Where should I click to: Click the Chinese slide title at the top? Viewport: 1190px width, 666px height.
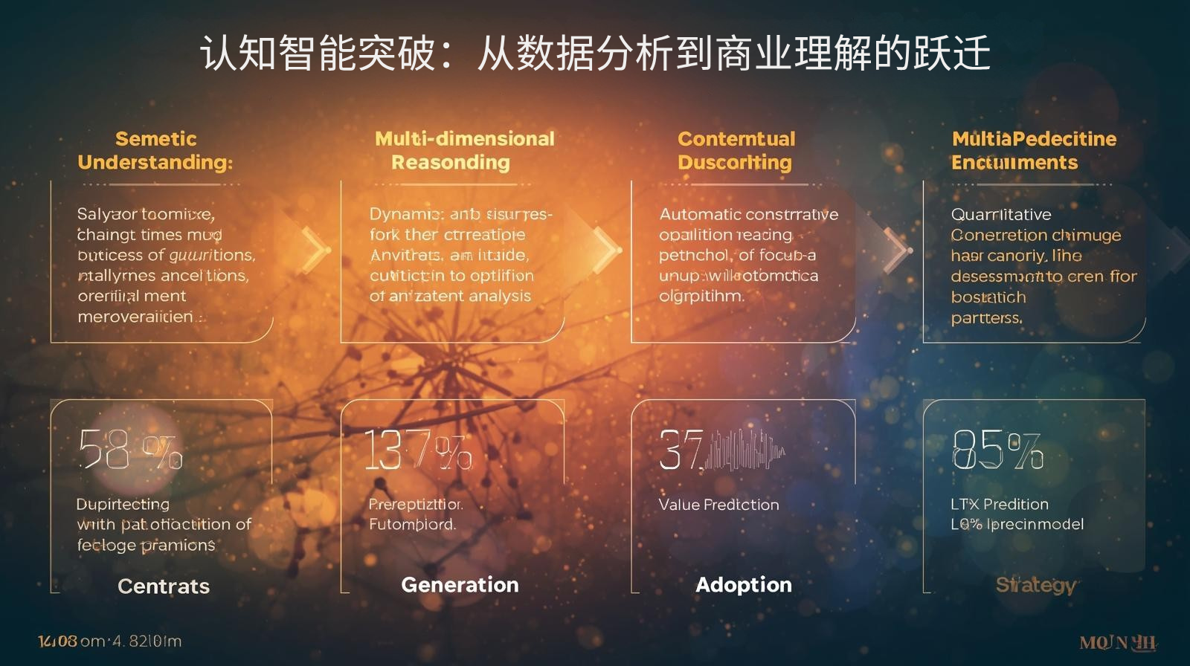point(595,54)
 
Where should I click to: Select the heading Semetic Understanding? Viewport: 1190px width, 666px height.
point(155,150)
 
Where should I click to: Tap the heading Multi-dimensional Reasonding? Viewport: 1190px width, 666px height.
point(464,150)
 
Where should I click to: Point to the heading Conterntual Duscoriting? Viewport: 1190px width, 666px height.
point(736,150)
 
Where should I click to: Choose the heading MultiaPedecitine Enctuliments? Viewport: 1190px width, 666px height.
point(1033,150)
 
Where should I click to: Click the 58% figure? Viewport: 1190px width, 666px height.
point(130,450)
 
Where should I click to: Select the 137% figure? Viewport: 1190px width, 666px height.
point(417,450)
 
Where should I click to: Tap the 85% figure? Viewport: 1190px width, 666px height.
point(997,450)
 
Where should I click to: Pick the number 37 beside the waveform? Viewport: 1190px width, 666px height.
point(681,450)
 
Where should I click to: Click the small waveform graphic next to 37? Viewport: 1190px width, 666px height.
point(744,449)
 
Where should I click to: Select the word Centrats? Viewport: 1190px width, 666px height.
point(164,586)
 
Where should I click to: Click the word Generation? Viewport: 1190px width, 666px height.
point(460,585)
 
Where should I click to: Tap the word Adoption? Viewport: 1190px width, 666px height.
point(744,585)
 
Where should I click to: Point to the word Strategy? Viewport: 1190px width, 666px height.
point(1036,585)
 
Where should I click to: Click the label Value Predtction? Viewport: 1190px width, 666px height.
point(718,505)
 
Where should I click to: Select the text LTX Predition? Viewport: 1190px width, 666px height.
point(999,505)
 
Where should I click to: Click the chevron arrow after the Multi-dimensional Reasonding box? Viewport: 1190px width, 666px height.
point(606,249)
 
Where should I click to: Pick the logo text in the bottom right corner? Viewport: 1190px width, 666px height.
point(1118,643)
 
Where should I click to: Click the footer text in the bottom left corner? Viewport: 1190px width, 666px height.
point(109,641)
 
